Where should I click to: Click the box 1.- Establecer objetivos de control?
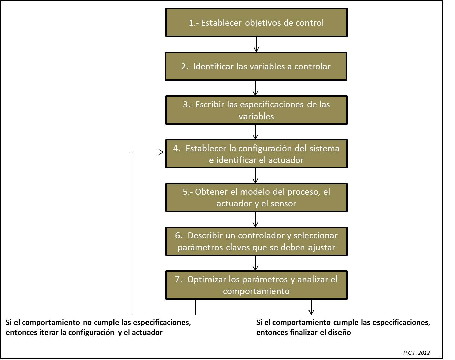coord(256,23)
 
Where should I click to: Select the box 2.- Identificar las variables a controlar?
coord(256,66)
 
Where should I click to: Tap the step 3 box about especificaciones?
coord(256,110)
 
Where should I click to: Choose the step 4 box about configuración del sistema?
coord(256,154)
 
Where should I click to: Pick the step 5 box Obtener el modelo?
coord(256,197)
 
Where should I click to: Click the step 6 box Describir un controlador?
coord(256,241)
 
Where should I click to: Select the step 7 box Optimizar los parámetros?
coord(256,285)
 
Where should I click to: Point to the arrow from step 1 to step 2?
coord(256,44)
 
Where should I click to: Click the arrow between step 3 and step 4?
coord(255,132)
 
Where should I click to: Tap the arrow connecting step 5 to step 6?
coord(255,219)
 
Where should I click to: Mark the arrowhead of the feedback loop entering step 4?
coord(161,152)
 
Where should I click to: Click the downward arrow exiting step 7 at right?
coord(311,307)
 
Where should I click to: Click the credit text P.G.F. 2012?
coord(416,353)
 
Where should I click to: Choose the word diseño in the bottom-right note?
coord(340,332)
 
